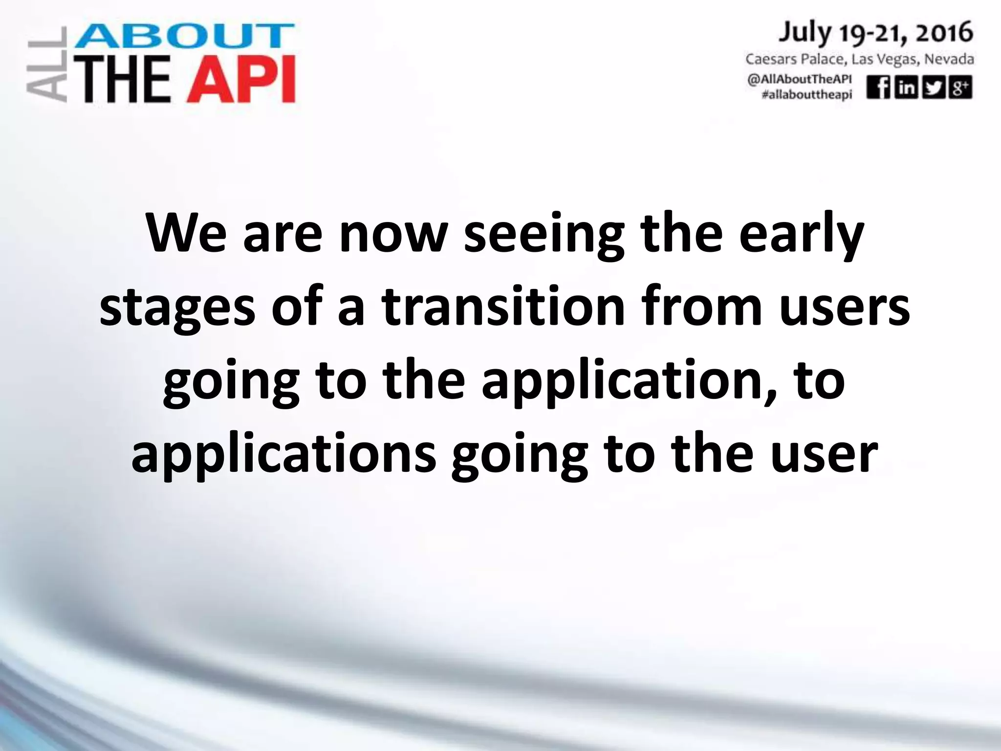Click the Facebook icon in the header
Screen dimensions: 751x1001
pos(878,88)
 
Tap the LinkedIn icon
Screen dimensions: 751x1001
pos(906,88)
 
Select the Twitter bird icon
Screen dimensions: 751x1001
pos(933,88)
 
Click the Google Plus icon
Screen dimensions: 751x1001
pos(960,88)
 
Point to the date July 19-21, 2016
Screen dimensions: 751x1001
pos(875,33)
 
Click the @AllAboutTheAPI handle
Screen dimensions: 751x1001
pos(800,80)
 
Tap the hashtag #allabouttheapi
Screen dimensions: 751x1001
pos(806,94)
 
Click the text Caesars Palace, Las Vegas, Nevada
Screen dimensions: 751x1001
pos(859,60)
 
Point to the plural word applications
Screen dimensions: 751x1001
pos(283,455)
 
